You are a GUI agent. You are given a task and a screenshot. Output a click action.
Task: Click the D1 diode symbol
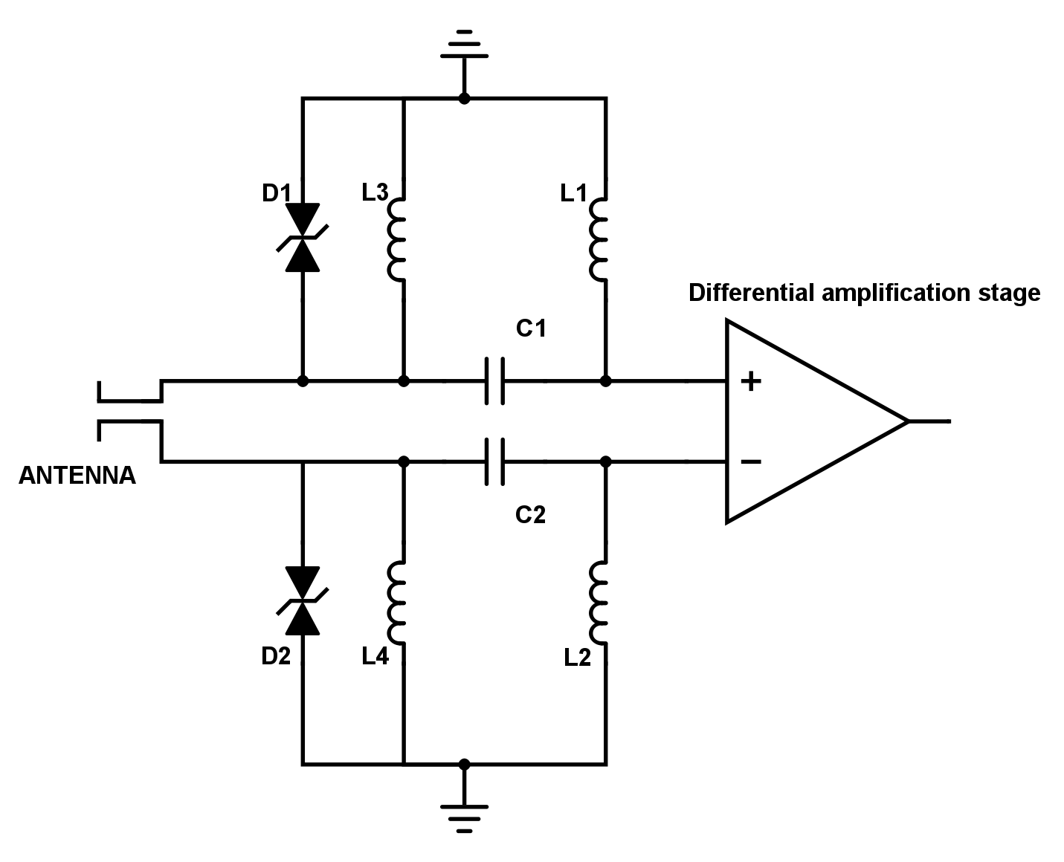point(303,237)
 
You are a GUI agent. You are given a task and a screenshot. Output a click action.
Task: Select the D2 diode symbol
point(303,600)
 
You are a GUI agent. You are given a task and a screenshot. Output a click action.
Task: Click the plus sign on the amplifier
point(751,382)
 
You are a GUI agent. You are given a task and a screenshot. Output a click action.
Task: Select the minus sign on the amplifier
point(751,462)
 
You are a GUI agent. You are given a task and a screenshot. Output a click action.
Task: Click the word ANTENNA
point(77,476)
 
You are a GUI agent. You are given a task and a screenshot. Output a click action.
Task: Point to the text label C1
point(531,328)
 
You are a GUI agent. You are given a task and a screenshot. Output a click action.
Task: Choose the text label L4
point(375,657)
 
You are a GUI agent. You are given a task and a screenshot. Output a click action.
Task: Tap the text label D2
point(275,657)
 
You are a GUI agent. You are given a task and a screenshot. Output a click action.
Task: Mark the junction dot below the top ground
point(464,98)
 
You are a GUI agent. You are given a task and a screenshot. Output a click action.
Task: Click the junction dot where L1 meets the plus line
point(605,381)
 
